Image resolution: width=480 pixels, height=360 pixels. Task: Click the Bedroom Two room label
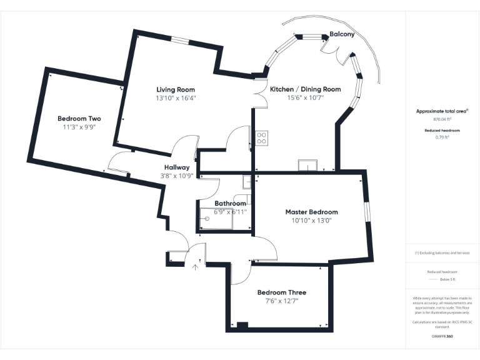[79, 118]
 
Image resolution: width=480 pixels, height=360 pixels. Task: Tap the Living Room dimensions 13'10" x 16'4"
[176, 98]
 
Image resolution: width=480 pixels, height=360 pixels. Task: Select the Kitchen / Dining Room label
[305, 89]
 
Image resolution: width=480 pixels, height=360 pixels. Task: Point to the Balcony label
[342, 34]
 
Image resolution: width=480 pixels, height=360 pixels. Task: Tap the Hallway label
[177, 167]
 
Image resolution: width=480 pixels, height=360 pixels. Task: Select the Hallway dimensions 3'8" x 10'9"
[177, 176]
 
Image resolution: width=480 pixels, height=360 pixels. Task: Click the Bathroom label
[230, 204]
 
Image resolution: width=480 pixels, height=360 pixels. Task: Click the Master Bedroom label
[311, 212]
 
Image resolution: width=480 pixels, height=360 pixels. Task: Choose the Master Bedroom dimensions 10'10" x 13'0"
[311, 221]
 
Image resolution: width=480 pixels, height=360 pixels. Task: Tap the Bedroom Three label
[282, 292]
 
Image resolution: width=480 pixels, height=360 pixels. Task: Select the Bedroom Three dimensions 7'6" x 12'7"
[282, 301]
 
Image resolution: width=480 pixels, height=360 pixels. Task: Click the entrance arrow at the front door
[195, 267]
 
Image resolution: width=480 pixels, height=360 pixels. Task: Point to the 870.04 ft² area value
[442, 119]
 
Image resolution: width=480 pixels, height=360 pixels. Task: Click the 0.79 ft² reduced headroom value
[442, 137]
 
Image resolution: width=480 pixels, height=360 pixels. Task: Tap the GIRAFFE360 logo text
[442, 336]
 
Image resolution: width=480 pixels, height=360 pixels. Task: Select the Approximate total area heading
[442, 111]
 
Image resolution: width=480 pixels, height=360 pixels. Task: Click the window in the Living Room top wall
[180, 41]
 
